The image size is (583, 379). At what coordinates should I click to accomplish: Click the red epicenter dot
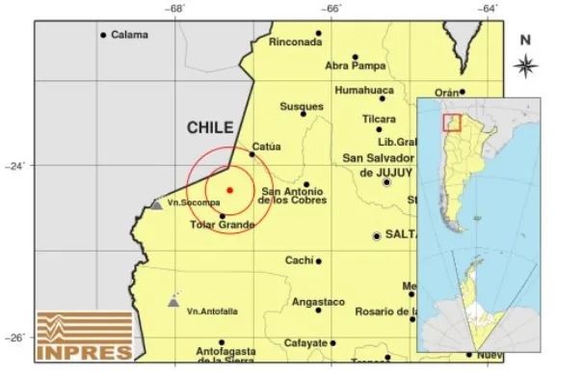coord(229,190)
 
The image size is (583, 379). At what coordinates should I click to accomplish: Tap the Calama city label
coord(129,36)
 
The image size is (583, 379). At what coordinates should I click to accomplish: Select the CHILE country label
coord(209,127)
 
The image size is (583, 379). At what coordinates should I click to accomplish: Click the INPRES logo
coord(84,336)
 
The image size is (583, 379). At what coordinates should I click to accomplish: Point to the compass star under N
coord(525,66)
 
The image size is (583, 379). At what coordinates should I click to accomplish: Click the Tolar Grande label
coord(222,227)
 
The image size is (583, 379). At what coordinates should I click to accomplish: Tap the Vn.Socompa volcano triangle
coord(156,203)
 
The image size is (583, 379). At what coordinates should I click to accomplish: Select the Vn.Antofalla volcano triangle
coord(173,301)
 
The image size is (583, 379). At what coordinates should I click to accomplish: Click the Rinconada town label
coord(294,42)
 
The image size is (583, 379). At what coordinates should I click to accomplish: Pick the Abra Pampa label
coord(355,66)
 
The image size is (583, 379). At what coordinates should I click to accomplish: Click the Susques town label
coord(301,106)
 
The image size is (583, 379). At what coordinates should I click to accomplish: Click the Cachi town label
coord(300,260)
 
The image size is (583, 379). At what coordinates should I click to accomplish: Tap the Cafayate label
coord(305,343)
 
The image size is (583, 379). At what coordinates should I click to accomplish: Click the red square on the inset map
coord(451,122)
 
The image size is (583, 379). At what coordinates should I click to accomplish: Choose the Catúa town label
coord(266,147)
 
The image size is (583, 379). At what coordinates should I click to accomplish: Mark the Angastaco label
coord(317,302)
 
